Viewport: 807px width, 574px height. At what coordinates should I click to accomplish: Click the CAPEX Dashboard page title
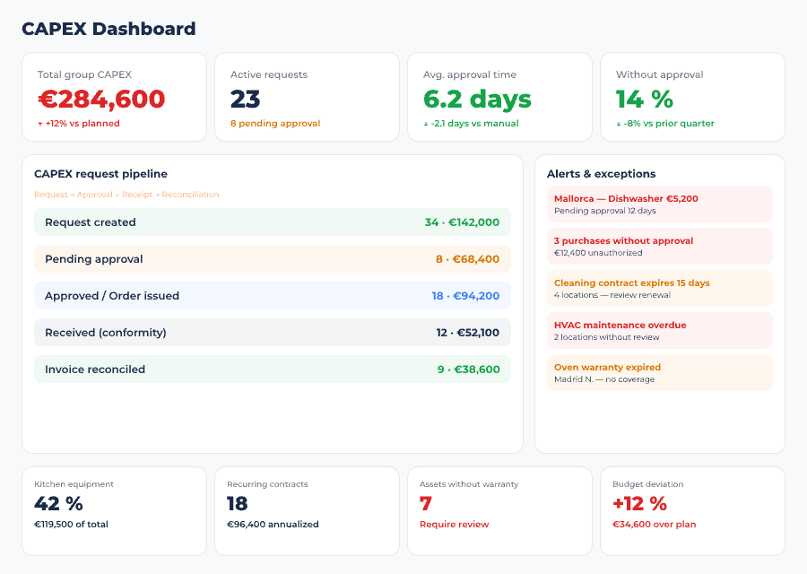click(108, 29)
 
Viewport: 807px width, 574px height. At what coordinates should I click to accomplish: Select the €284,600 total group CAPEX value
click(101, 99)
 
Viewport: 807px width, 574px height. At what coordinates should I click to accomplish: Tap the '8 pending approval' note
click(275, 124)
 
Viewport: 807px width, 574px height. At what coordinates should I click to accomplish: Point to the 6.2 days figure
click(477, 99)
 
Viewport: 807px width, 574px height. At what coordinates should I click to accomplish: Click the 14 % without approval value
click(644, 99)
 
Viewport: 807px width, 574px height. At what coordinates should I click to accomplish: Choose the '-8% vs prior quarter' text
click(669, 124)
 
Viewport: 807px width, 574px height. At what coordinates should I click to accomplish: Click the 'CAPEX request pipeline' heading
click(100, 174)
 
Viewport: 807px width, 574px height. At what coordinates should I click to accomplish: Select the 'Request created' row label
click(91, 222)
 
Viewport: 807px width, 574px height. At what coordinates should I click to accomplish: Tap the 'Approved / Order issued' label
click(112, 296)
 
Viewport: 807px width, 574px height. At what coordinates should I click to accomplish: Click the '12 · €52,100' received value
click(467, 333)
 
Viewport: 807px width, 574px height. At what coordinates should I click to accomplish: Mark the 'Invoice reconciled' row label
click(95, 370)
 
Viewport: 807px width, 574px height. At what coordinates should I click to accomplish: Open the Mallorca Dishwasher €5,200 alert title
click(626, 199)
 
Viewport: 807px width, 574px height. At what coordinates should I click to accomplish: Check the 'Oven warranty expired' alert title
click(607, 368)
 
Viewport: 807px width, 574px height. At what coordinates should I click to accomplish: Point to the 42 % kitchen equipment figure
click(58, 504)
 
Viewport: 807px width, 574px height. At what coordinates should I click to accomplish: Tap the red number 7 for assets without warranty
click(426, 504)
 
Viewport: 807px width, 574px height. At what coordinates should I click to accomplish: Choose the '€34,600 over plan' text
click(654, 525)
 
